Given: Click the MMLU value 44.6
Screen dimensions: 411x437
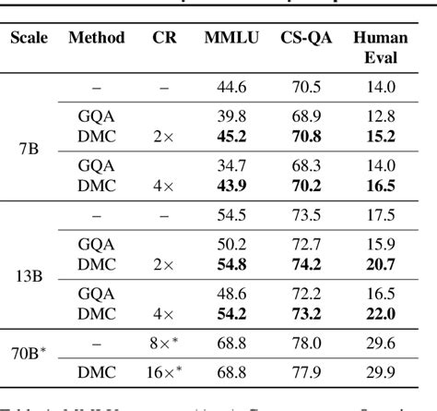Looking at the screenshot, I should coord(230,87).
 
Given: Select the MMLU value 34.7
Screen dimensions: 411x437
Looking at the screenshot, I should coord(230,168).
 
